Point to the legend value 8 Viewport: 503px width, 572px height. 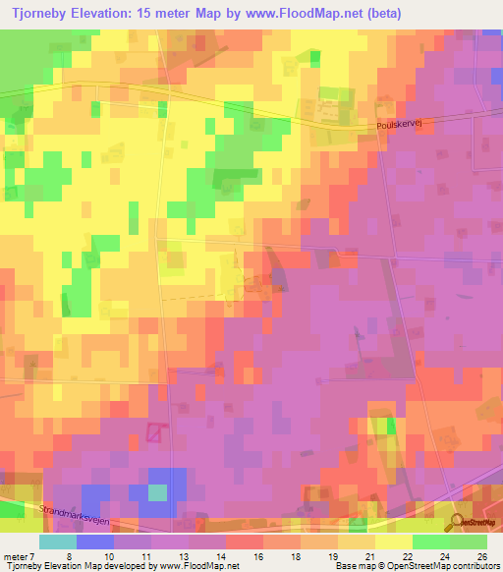pos(67,555)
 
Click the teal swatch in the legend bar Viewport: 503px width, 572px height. pos(57,542)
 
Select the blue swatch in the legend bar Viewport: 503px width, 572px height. pos(94,542)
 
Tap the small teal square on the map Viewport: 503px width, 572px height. pos(157,491)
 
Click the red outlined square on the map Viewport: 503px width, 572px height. pos(155,431)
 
